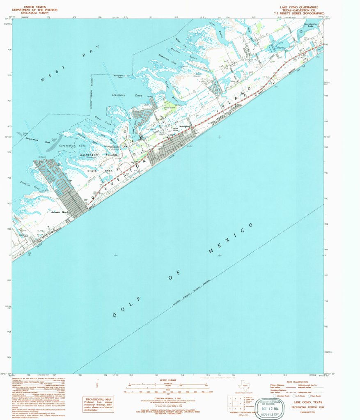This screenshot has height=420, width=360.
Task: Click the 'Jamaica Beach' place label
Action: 60,212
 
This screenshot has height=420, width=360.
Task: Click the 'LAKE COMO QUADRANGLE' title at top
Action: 299,7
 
